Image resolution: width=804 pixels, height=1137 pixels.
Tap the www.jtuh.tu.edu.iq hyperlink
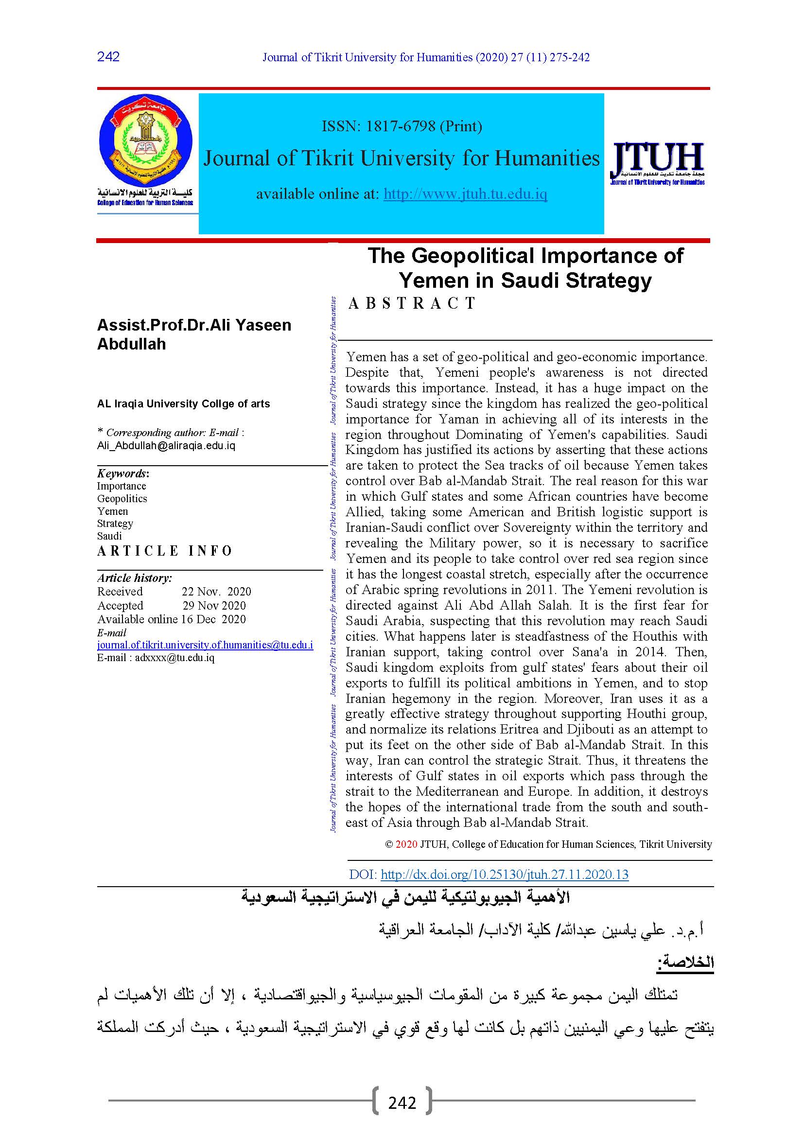(x=465, y=193)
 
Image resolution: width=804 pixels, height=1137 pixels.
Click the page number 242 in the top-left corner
(x=108, y=56)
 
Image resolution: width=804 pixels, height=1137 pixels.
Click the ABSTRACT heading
(x=412, y=303)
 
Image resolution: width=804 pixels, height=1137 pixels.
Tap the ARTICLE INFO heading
(x=165, y=551)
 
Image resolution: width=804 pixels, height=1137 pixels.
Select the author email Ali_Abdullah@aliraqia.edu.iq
(x=166, y=445)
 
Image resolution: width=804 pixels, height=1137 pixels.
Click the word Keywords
(x=122, y=473)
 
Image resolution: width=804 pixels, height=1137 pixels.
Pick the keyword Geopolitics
(x=122, y=499)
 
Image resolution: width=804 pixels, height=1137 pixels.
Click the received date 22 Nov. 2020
(x=216, y=591)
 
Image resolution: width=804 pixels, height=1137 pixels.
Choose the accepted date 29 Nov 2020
(x=214, y=605)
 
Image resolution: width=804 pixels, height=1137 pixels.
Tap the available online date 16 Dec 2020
(x=213, y=619)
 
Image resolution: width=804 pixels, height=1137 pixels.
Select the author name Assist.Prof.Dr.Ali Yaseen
(x=194, y=325)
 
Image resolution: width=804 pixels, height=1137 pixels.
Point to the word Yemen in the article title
(x=430, y=280)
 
